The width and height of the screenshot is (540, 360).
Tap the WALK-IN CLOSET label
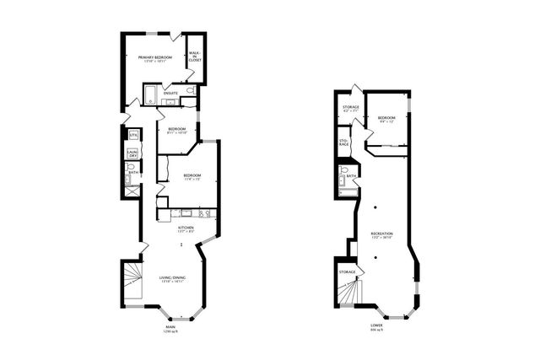point(195,57)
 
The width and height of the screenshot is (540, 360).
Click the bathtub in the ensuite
point(150,94)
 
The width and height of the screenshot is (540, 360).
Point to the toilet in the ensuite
point(190,90)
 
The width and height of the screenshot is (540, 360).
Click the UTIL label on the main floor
point(132,135)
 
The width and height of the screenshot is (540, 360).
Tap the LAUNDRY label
point(132,153)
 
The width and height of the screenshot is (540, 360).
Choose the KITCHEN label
point(186,228)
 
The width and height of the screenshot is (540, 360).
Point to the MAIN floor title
point(170,327)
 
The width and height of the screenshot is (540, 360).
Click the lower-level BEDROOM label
point(386,117)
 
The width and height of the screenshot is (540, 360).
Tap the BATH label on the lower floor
point(351,176)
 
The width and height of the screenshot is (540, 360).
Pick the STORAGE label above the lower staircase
point(348,272)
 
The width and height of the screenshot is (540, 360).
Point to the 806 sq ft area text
point(375,330)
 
